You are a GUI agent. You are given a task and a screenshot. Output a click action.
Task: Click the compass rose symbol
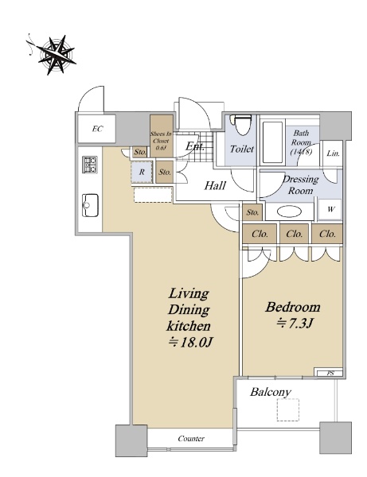(57, 54)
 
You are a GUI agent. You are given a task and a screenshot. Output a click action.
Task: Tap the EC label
(97, 129)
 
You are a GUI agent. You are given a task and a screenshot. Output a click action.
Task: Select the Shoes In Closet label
(161, 141)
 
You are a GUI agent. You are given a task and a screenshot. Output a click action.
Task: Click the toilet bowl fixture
(242, 125)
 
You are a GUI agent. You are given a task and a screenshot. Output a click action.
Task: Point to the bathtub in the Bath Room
(272, 142)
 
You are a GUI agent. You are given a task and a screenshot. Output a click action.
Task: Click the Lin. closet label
(333, 153)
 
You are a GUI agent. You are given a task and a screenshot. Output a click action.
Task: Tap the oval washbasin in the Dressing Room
(291, 211)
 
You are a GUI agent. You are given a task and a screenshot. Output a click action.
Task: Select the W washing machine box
(330, 209)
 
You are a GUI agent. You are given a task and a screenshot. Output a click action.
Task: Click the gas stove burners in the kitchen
(90, 165)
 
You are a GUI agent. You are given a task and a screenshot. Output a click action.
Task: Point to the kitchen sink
(90, 205)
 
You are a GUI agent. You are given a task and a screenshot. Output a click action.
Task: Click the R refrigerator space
(142, 172)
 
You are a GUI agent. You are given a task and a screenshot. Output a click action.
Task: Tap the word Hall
(215, 185)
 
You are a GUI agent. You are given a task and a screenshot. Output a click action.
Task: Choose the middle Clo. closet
(295, 234)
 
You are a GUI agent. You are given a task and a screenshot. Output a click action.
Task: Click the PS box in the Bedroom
(330, 373)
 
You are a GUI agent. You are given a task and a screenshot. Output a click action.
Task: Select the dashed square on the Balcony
(288, 409)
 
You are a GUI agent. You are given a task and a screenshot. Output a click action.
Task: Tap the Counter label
(191, 438)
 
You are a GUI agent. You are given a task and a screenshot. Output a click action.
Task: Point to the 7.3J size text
(295, 324)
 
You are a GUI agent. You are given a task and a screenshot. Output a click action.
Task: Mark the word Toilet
(242, 149)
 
